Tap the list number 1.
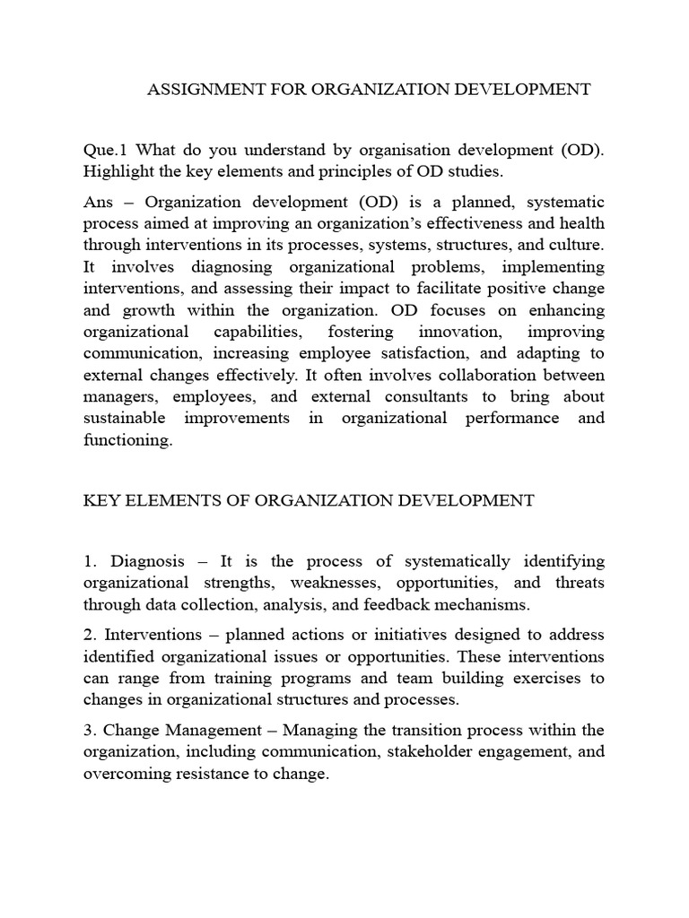[90, 561]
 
